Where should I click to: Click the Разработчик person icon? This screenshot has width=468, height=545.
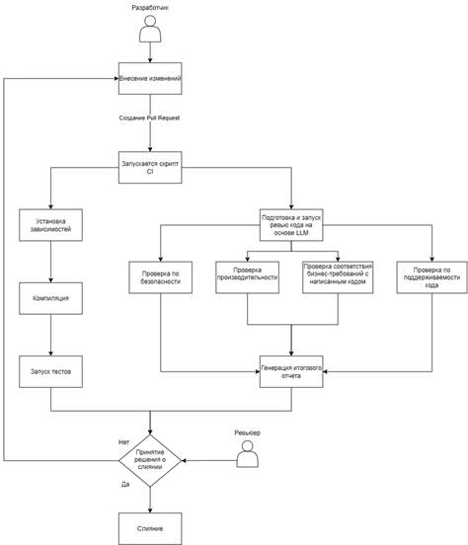[x=150, y=29]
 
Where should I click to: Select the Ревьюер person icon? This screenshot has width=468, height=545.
[x=248, y=454]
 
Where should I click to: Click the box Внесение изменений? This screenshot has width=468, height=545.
[x=150, y=79]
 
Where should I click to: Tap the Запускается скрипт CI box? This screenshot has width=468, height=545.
[x=150, y=168]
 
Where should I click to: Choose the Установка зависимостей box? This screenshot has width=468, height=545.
[x=50, y=225]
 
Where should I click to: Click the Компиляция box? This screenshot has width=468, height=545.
[x=50, y=298]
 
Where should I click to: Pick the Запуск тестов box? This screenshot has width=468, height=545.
[x=50, y=371]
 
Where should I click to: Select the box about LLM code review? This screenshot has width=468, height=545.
[x=291, y=225]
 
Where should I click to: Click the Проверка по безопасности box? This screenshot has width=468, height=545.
[x=161, y=277]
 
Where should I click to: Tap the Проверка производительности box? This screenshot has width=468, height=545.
[x=247, y=277]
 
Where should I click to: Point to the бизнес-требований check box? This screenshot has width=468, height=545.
[x=338, y=277]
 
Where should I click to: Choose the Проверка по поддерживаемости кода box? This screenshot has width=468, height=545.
[x=431, y=277]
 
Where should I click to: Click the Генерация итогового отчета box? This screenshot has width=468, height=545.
[x=291, y=371]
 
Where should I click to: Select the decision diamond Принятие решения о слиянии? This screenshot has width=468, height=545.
[x=150, y=460]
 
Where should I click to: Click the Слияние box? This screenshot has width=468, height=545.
[x=150, y=528]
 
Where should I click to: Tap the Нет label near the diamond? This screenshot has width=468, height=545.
[x=123, y=442]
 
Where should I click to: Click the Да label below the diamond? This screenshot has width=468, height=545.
[x=125, y=484]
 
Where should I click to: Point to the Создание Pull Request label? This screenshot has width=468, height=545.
[x=149, y=117]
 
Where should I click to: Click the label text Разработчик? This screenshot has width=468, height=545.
[x=150, y=7]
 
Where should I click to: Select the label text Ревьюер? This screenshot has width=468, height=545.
[x=247, y=432]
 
